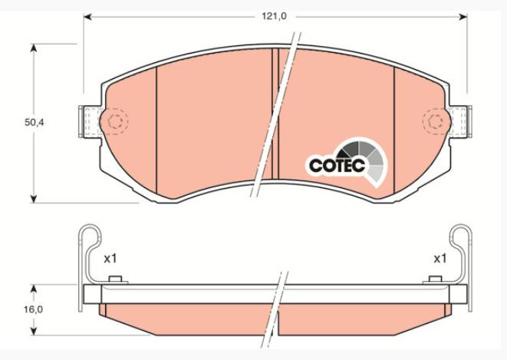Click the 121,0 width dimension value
pos(274,16)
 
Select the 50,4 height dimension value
pos(35,123)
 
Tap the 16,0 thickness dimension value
pos(33,309)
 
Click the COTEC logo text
pos(337,165)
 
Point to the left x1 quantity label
pos(110,259)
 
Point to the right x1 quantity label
pos(440,259)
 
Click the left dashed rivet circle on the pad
pos(115,121)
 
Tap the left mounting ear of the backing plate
pos(89,121)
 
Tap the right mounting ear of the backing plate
pos(460,121)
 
